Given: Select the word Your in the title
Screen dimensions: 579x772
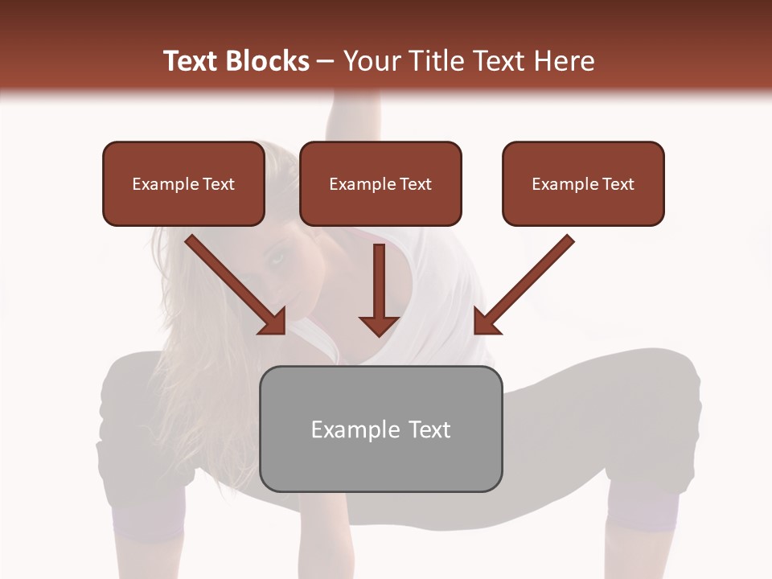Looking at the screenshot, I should pyautogui.click(x=372, y=61).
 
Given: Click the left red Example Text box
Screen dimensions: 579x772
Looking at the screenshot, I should pyautogui.click(x=183, y=184).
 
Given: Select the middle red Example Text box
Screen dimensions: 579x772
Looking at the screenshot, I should pyautogui.click(x=380, y=184).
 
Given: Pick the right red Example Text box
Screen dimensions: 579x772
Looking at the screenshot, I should pyautogui.click(x=583, y=184).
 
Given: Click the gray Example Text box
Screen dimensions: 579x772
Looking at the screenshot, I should pyautogui.click(x=381, y=429).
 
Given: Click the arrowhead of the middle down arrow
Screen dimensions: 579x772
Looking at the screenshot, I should pyautogui.click(x=380, y=324).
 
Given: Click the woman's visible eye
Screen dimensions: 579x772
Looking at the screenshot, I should pyautogui.click(x=278, y=258).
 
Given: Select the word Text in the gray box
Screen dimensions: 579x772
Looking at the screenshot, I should pyautogui.click(x=429, y=429).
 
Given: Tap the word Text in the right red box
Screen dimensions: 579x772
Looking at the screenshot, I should pyautogui.click(x=618, y=184).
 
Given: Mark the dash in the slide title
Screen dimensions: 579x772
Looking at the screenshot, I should pyautogui.click(x=326, y=61).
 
